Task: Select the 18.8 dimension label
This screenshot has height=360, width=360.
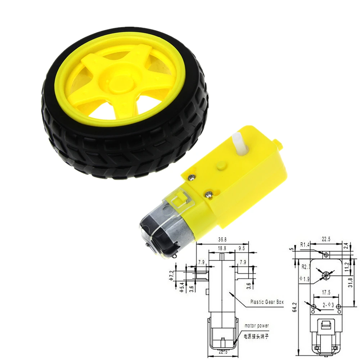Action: (222, 248)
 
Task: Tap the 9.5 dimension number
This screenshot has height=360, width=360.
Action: (242, 248)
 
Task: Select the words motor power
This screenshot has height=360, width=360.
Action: (256, 326)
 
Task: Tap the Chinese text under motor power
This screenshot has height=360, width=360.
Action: (256, 336)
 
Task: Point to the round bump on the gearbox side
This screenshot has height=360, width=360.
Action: (220, 166)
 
